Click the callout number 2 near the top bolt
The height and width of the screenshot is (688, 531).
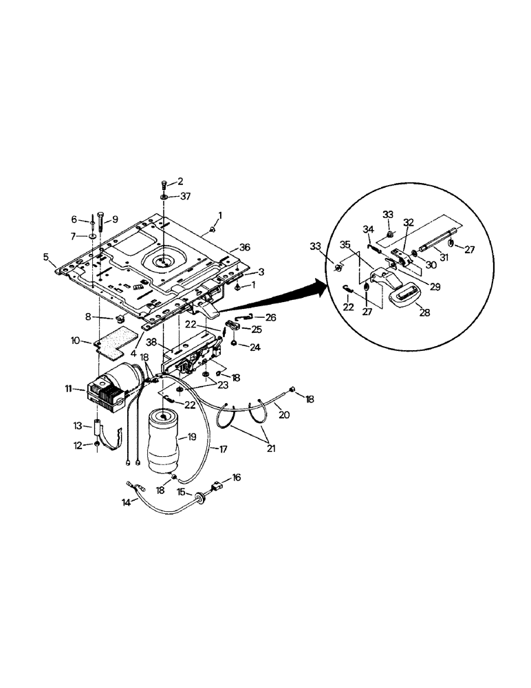click(x=180, y=182)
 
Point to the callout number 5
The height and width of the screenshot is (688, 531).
click(x=47, y=257)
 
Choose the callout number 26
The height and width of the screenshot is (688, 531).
click(x=270, y=317)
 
